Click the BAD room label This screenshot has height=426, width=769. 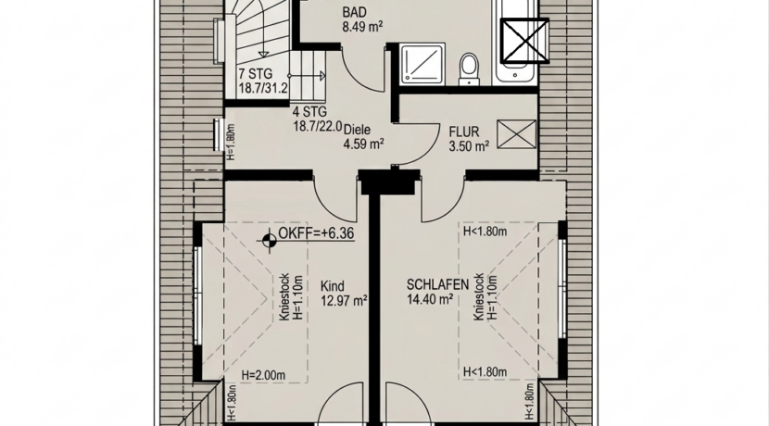355,12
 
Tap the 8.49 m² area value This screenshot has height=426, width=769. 362,27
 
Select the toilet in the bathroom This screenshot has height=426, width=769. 470,69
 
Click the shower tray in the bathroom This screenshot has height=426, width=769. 422,64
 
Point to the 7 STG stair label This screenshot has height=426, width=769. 255,74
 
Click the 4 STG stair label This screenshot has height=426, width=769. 309,112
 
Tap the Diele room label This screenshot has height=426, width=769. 357,131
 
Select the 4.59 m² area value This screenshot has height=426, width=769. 363,144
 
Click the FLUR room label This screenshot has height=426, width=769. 464,132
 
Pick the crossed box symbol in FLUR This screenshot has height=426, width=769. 517,134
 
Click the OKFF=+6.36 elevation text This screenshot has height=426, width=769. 316,233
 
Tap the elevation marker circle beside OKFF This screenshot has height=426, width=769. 269,240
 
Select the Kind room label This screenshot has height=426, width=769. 332,286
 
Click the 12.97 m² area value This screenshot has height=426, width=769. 345,300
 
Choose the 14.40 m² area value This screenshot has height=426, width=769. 430,299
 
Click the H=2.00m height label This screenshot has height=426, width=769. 263,375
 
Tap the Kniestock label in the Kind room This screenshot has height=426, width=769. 284,297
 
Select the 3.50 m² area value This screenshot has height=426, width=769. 469,146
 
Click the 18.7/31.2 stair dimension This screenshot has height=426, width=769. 263,89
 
